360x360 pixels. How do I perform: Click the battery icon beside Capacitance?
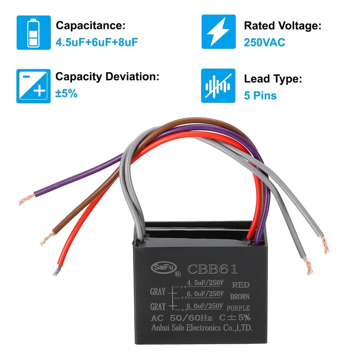(33, 32)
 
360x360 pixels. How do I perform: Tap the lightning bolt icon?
(218, 32)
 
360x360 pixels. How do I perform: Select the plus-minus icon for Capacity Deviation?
(33, 85)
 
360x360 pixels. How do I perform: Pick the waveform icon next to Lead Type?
(218, 85)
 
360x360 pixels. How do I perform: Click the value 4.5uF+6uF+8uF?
(96, 42)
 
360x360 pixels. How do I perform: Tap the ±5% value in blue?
(67, 94)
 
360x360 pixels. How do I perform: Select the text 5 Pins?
(260, 95)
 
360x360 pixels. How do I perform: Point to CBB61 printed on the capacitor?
(212, 270)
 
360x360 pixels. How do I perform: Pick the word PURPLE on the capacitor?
(238, 308)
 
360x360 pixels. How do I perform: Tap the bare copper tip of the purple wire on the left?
(25, 199)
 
